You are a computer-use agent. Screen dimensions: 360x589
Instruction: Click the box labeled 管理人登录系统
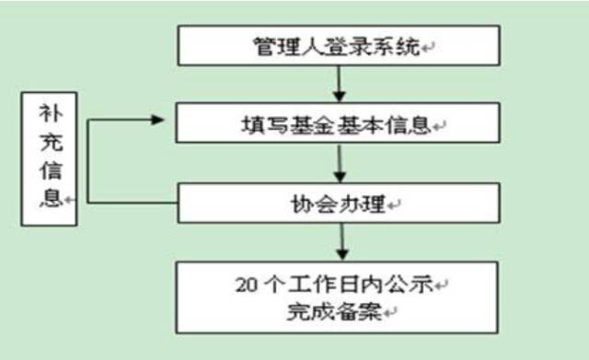340,45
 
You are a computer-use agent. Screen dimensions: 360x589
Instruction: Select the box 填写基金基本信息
340,122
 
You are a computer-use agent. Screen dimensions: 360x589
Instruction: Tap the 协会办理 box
340,200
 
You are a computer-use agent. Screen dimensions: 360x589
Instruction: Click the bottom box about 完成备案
340,296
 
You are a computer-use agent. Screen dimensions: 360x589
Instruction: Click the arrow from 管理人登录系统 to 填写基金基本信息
340,84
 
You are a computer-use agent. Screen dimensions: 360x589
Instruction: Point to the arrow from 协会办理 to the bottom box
340,240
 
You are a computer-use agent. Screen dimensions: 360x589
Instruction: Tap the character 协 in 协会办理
302,201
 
